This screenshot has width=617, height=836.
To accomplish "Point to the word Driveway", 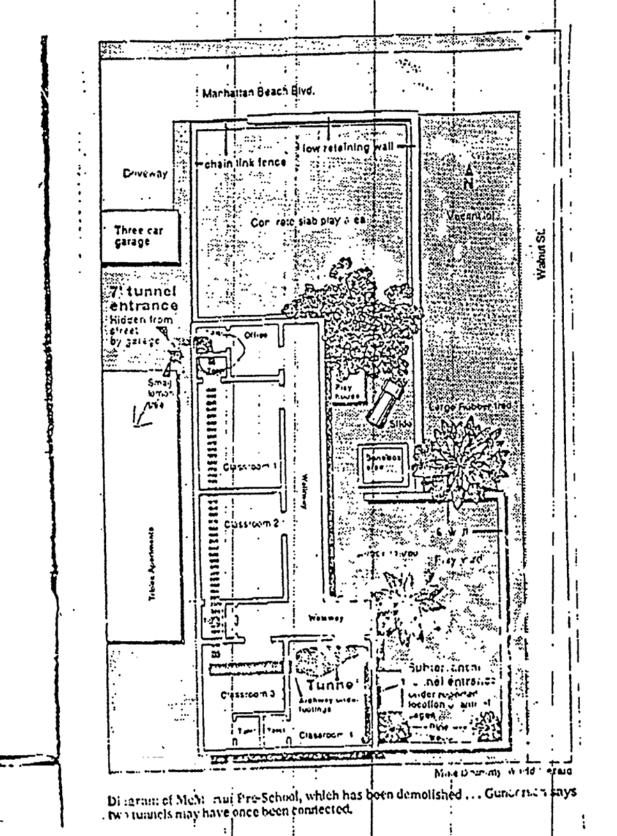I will point(145,174).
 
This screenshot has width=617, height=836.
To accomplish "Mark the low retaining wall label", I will point(348,148).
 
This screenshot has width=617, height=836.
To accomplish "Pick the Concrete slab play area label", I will point(307,221).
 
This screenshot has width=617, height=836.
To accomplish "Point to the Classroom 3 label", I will point(243,695).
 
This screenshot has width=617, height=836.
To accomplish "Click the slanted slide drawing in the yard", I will point(384,404).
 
